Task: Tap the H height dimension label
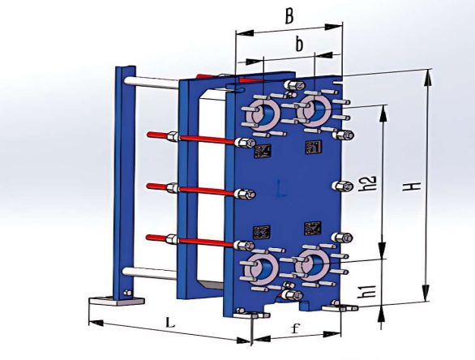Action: [x=414, y=186]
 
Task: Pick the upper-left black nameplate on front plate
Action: [x=263, y=151]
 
